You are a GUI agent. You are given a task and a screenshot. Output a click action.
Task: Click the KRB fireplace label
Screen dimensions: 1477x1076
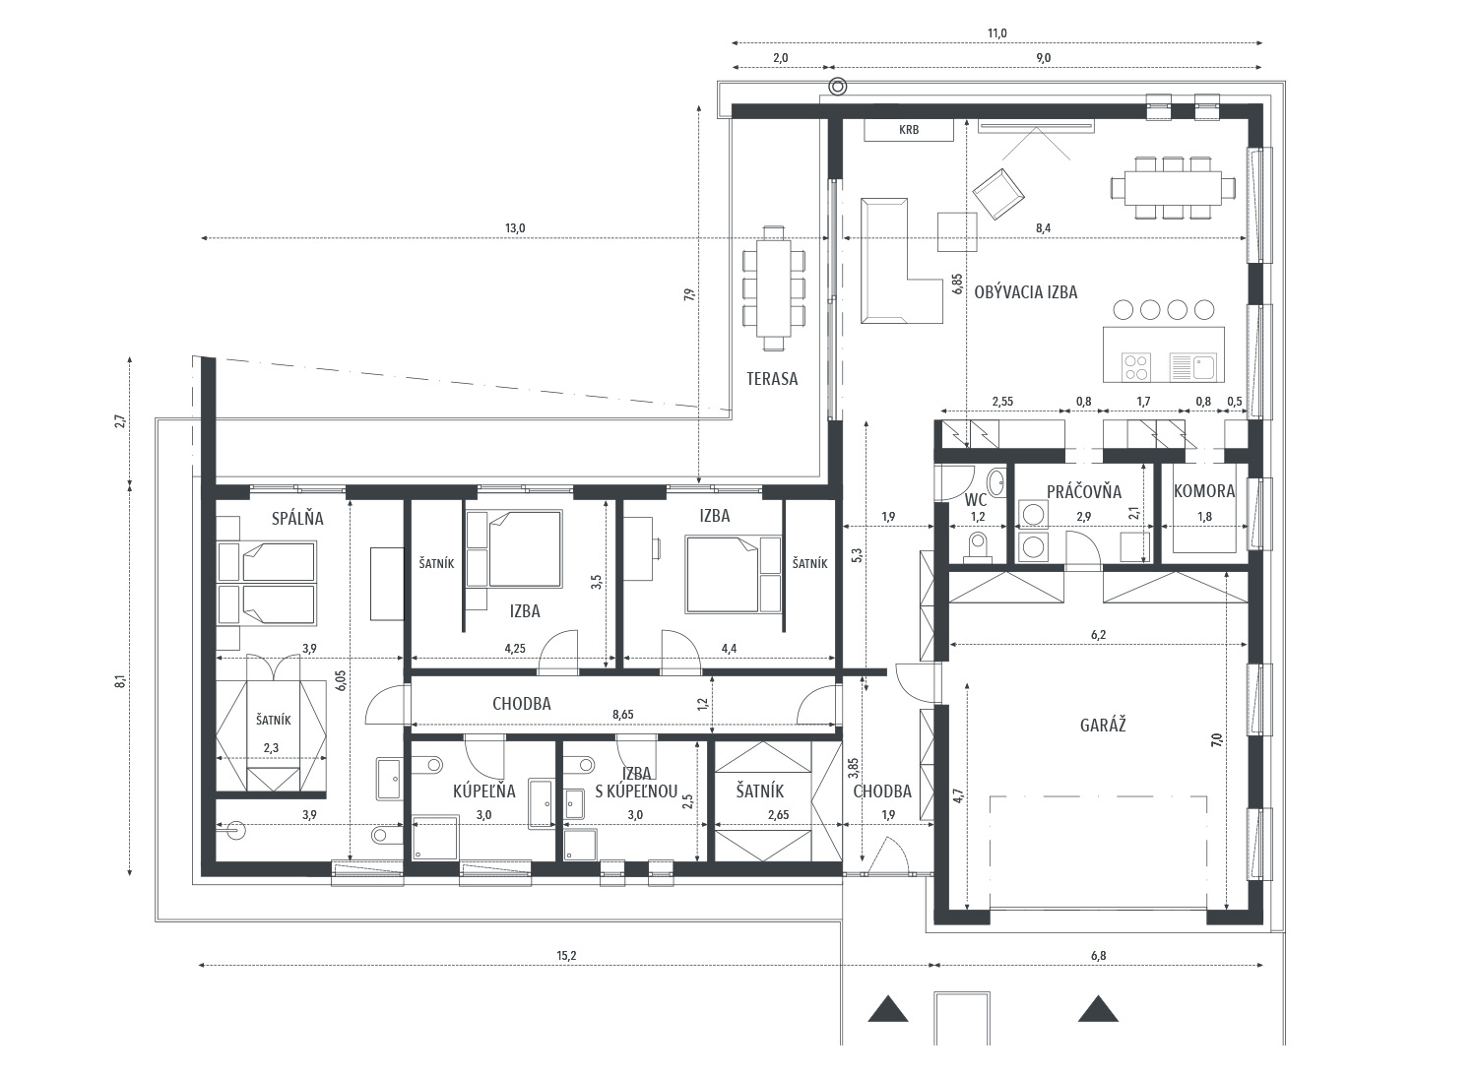[x=908, y=130]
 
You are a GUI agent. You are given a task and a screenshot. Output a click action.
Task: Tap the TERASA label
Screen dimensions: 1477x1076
[x=771, y=378]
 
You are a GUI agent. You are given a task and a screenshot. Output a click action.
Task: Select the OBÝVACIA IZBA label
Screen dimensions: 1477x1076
[x=1025, y=292]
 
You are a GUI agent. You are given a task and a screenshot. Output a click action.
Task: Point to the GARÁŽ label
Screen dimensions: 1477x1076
[x=1103, y=726]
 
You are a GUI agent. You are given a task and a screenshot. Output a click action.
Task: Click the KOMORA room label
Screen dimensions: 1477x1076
[x=1204, y=491]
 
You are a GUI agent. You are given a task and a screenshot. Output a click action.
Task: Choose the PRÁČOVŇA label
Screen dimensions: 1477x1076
[x=1084, y=491]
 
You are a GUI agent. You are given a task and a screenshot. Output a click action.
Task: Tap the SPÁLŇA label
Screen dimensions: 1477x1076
[x=297, y=518]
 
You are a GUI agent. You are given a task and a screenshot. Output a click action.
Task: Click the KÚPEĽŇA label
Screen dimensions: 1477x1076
[x=484, y=791]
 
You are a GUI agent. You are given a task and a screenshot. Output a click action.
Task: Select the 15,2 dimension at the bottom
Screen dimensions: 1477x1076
[x=566, y=955]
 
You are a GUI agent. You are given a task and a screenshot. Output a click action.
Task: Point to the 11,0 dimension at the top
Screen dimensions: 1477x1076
[x=996, y=32]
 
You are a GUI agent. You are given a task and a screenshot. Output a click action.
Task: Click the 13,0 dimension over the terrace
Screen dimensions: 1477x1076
[x=515, y=228]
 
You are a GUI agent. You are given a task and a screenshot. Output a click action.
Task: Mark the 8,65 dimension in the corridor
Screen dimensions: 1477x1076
[x=623, y=715]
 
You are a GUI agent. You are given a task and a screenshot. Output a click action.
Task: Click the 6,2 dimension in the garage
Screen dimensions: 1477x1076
[x=1098, y=635]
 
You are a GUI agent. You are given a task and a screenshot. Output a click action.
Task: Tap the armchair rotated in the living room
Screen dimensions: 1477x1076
[x=998, y=193]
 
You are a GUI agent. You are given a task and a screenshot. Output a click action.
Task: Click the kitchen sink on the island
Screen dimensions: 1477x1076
[x=1192, y=367]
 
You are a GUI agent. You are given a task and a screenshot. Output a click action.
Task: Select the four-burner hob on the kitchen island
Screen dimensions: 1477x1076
[x=1136, y=367]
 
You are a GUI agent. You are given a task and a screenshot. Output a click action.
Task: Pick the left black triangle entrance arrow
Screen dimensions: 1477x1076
[x=887, y=1009]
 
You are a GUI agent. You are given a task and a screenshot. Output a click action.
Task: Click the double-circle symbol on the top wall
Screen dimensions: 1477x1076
[x=837, y=87]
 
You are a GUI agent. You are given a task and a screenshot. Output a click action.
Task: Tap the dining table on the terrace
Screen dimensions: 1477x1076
[x=773, y=288]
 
